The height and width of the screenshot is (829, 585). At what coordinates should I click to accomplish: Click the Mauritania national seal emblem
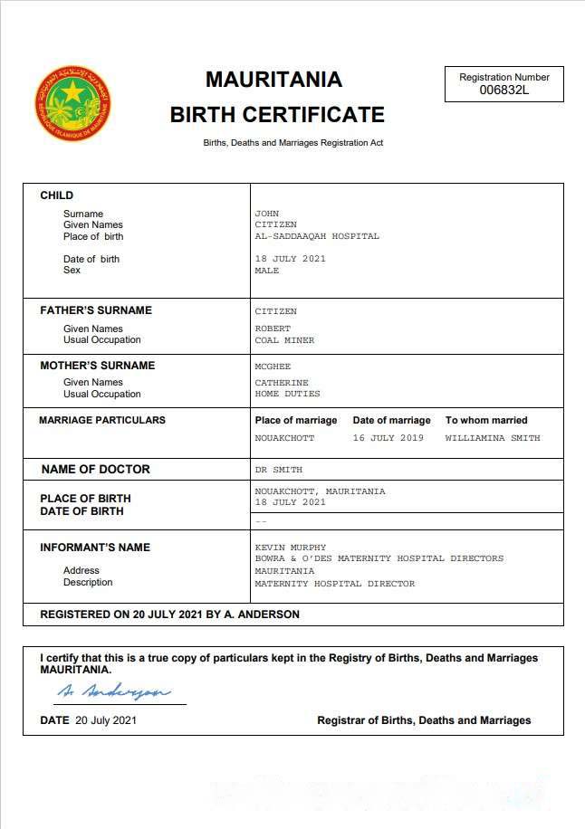(72, 102)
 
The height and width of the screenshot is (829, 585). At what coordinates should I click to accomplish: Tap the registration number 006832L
(503, 90)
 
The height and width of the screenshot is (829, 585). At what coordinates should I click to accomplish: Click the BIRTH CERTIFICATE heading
(277, 115)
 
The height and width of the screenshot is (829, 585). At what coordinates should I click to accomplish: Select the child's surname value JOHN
(267, 214)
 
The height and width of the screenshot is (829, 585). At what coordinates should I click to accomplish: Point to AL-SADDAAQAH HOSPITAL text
(317, 236)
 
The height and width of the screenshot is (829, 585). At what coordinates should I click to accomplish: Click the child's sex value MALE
(267, 271)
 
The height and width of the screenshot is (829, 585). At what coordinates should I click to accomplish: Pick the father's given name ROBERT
(273, 329)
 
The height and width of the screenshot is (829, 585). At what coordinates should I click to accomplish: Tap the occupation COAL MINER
(284, 340)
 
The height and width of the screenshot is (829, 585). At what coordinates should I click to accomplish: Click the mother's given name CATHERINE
(282, 383)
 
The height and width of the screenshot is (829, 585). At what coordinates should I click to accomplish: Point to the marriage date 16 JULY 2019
(388, 438)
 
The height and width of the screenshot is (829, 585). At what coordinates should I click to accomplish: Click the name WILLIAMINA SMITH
(493, 438)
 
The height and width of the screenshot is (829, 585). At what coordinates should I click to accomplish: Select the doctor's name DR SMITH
(279, 470)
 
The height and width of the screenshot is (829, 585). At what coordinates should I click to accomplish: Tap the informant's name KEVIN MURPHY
(291, 548)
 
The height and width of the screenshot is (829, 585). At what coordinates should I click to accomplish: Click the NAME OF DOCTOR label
(96, 469)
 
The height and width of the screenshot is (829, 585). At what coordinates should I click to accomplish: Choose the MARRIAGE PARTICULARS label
(102, 420)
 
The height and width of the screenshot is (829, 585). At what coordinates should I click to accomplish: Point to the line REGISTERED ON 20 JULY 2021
(169, 615)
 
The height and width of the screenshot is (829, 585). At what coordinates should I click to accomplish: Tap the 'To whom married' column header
(486, 420)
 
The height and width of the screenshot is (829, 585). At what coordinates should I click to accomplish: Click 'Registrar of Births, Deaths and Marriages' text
(424, 720)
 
